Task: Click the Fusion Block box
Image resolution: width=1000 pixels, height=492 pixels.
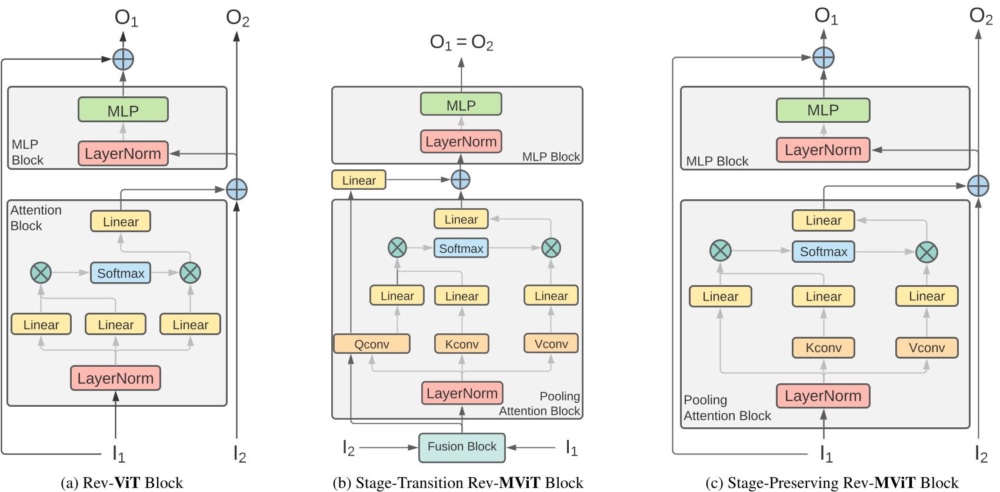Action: pyautogui.click(x=462, y=447)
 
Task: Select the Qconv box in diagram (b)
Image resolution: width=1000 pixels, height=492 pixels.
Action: pyautogui.click(x=371, y=344)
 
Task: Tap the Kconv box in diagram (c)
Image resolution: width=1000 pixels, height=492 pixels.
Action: pyautogui.click(x=823, y=347)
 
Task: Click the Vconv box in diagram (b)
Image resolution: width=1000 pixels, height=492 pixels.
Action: pyautogui.click(x=551, y=343)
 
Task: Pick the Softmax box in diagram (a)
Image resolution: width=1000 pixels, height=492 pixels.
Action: pyautogui.click(x=121, y=273)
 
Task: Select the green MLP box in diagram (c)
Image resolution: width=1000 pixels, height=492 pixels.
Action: pyautogui.click(x=822, y=110)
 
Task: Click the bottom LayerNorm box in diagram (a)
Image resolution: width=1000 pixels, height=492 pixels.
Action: pyautogui.click(x=115, y=378)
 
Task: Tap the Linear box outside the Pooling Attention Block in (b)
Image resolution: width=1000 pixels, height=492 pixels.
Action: pyautogui.click(x=359, y=180)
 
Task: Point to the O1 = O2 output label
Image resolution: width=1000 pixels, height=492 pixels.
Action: pyautogui.click(x=461, y=42)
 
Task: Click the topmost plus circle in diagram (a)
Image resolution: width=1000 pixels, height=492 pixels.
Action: pyautogui.click(x=123, y=59)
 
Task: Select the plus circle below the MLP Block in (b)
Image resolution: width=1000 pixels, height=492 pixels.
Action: pyautogui.click(x=460, y=179)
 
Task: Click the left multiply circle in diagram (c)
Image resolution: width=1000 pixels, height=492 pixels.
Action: pyautogui.click(x=720, y=251)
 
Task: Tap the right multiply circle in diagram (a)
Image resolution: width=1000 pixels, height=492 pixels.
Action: pyautogui.click(x=190, y=273)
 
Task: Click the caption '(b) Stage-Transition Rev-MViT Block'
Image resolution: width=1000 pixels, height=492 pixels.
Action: pyautogui.click(x=458, y=483)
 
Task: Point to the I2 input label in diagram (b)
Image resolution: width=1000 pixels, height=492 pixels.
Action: pyautogui.click(x=348, y=449)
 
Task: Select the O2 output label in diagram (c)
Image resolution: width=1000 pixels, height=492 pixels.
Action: pyautogui.click(x=980, y=16)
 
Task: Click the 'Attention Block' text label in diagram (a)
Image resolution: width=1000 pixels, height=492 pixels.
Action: pyautogui.click(x=35, y=217)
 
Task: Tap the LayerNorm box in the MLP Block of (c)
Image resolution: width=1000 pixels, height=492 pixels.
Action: pyautogui.click(x=822, y=150)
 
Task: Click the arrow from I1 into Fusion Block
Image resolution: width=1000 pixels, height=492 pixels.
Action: pyautogui.click(x=531, y=447)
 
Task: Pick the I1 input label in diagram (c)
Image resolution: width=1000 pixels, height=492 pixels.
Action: pyautogui.click(x=826, y=453)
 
